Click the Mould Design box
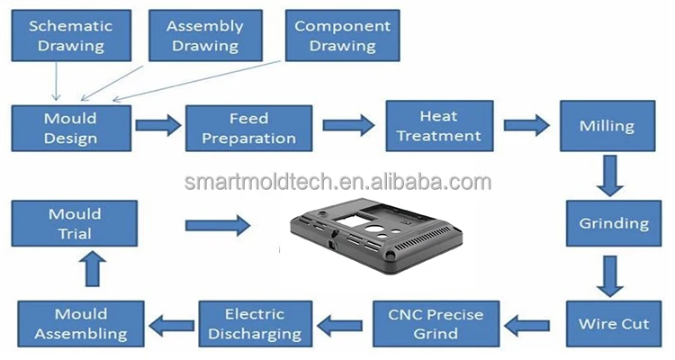[70, 128]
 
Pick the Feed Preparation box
[248, 128]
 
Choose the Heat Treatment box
[438, 125]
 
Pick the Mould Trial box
[74, 224]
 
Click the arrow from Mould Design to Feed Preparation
[158, 125]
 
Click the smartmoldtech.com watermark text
[337, 183]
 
